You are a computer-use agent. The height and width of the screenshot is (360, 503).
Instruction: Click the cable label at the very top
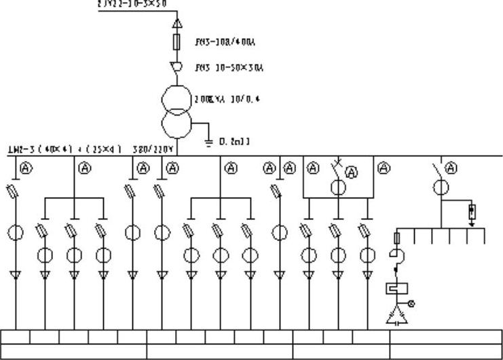tap(132, 3)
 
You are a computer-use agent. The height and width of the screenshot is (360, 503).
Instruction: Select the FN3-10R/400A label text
tap(216, 42)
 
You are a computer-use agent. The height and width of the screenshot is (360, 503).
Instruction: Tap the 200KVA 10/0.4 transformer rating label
tap(217, 99)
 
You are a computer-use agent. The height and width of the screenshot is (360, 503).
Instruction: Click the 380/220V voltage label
tap(154, 149)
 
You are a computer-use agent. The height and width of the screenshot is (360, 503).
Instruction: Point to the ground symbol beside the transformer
tap(208, 141)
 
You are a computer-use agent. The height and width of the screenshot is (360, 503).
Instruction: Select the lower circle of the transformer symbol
tap(174, 126)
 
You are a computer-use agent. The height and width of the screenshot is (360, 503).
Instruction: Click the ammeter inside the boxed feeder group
tap(352, 173)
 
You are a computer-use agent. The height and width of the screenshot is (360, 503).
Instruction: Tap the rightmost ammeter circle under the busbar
tap(451, 168)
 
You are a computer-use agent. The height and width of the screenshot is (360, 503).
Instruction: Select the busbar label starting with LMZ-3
tap(64, 149)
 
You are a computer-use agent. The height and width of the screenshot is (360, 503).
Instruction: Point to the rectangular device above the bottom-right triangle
tap(394, 289)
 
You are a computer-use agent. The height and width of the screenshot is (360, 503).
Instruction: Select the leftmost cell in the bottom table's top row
tap(15, 336)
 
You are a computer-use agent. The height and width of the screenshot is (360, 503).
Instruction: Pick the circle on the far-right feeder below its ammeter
tap(441, 187)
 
